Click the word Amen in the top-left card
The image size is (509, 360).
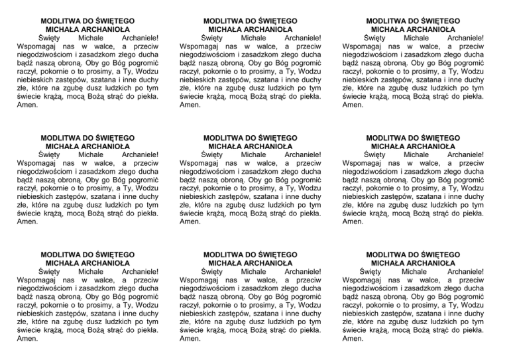(x=27, y=105)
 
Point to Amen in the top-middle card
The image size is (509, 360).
(x=190, y=105)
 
